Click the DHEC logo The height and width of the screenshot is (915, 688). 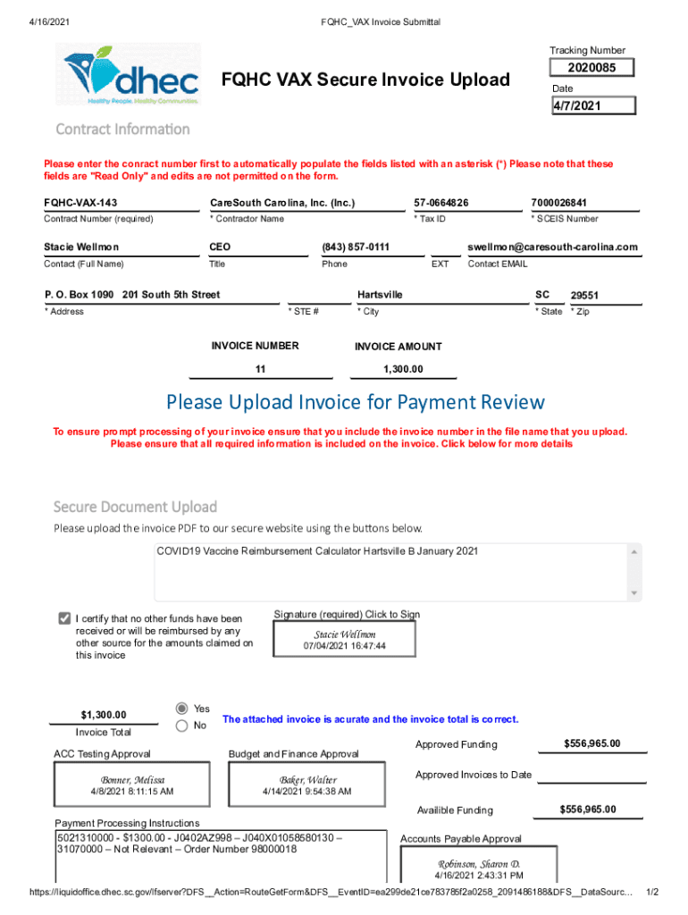pos(132,75)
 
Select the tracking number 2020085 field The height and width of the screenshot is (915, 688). pos(592,69)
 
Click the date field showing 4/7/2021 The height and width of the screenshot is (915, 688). pos(592,106)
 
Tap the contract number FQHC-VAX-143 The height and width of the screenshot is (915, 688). pos(80,203)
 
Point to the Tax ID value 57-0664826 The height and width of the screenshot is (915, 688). pos(441,203)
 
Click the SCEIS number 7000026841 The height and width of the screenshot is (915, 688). pos(565,203)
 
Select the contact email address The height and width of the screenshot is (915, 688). pos(552,248)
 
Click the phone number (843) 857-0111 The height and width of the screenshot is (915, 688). pos(356,248)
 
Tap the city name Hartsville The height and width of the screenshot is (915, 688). pos(380,295)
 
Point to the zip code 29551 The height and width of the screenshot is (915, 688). pos(584,296)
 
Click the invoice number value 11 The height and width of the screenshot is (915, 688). pos(260,369)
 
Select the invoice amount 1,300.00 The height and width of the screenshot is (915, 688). pos(403,369)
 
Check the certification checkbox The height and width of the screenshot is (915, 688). pos(64,618)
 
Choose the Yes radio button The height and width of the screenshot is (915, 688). pos(182,708)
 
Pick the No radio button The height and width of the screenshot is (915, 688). pos(182,726)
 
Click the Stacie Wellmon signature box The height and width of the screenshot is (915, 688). pos(345,640)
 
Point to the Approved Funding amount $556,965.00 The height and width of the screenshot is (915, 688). pos(592,743)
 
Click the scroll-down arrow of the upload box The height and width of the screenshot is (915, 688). pos(634,593)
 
